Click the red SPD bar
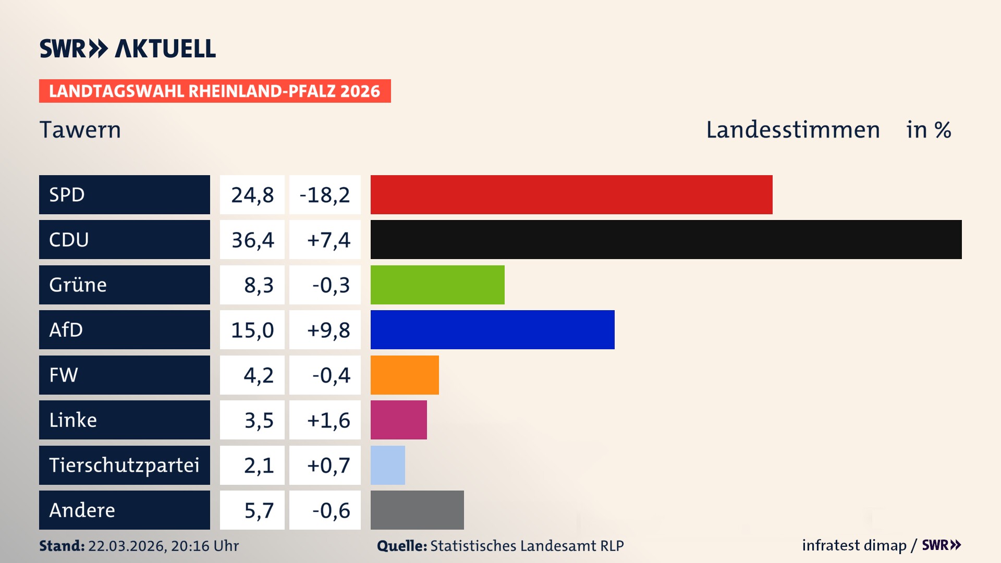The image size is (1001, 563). pyautogui.click(x=571, y=194)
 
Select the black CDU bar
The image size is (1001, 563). pyautogui.click(x=666, y=240)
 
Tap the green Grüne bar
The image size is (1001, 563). pyautogui.click(x=437, y=285)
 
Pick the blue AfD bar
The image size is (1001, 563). pyautogui.click(x=492, y=329)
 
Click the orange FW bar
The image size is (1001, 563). pyautogui.click(x=405, y=375)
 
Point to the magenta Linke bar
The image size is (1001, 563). pyautogui.click(x=398, y=420)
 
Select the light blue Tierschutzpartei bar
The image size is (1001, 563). pyautogui.click(x=387, y=465)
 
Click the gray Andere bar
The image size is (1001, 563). pyautogui.click(x=417, y=510)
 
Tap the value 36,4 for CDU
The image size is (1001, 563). pyautogui.click(x=252, y=240)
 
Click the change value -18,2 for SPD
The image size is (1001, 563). pyautogui.click(x=325, y=195)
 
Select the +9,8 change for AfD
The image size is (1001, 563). pyautogui.click(x=328, y=330)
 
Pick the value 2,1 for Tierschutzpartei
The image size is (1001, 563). pyautogui.click(x=259, y=465)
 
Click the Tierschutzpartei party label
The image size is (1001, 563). pyautogui.click(x=124, y=465)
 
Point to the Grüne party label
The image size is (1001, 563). pyautogui.click(x=78, y=285)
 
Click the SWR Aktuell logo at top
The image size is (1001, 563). pyautogui.click(x=128, y=48)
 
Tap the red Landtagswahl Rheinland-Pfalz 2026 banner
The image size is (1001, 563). pyautogui.click(x=215, y=91)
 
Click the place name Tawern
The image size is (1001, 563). pyautogui.click(x=80, y=129)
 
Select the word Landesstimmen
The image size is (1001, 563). pyautogui.click(x=792, y=129)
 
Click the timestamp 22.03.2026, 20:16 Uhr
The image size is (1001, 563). pyautogui.click(x=163, y=546)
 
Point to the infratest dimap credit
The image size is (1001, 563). pyautogui.click(x=854, y=545)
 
